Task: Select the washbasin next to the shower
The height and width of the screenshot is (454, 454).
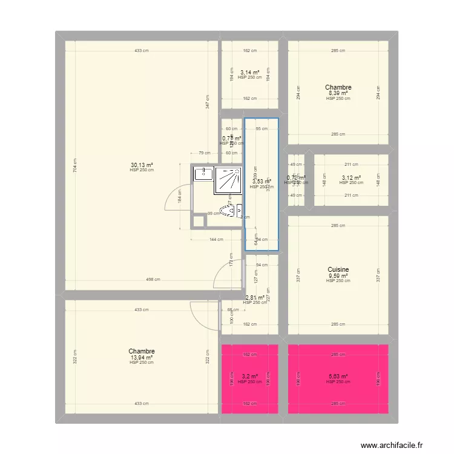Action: pyautogui.click(x=202, y=175)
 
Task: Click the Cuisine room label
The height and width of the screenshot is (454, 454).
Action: pyautogui.click(x=338, y=270)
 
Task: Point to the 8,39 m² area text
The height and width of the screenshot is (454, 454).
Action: pyautogui.click(x=338, y=93)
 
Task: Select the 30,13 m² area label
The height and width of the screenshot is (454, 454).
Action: pyautogui.click(x=141, y=165)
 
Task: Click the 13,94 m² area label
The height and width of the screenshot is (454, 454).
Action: pyautogui.click(x=141, y=357)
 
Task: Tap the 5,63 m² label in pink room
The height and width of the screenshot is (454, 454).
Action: pyautogui.click(x=338, y=377)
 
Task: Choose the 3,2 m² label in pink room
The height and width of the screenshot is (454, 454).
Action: pyautogui.click(x=250, y=377)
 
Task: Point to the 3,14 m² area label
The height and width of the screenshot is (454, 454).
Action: pyautogui.click(x=250, y=72)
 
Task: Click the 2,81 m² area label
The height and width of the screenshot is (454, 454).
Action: pyautogui.click(x=254, y=297)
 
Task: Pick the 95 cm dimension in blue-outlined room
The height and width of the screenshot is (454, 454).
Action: pyautogui.click(x=261, y=129)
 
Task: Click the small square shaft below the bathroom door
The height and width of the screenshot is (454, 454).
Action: pyautogui.click(x=198, y=221)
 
